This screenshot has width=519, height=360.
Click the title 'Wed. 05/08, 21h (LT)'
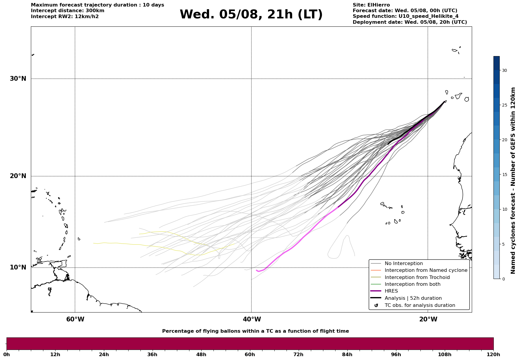[x=251, y=15]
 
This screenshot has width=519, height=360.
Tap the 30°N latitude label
[x=18, y=79]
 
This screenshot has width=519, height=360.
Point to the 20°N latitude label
[x=18, y=176]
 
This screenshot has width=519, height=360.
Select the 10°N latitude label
[x=18, y=267]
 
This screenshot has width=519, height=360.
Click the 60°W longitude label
[x=75, y=319]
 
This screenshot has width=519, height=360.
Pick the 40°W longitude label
[x=252, y=319]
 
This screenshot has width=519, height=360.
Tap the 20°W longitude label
[x=428, y=319]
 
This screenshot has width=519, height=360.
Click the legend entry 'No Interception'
[x=404, y=264]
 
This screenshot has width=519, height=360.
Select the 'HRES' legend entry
[x=391, y=291]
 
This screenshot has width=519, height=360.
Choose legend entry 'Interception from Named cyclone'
[x=426, y=270]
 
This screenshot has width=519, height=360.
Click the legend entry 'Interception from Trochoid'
[x=417, y=277]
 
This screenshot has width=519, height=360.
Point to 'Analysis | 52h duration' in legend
[x=413, y=298]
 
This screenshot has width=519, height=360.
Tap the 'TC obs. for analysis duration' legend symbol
[x=376, y=305]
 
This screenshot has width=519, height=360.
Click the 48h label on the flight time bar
[x=201, y=354]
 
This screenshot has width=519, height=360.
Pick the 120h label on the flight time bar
[x=493, y=354]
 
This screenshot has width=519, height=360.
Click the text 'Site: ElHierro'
[x=371, y=5]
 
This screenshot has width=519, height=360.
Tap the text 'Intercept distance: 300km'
[x=68, y=11]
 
